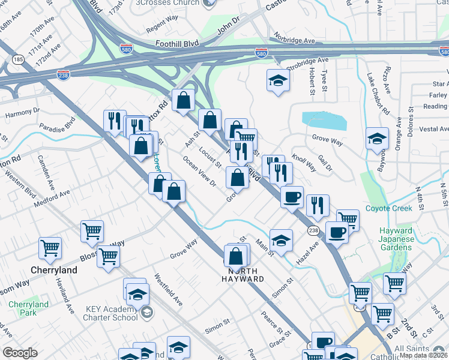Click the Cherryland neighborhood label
[54, 270]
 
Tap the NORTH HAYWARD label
[243, 275]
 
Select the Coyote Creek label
[389, 208]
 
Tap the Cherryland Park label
[28, 308]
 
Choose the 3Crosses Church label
[167, 3]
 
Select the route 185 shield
[17, 59]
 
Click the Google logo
[20, 353]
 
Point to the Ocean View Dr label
[199, 172]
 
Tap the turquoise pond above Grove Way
[325, 121]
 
